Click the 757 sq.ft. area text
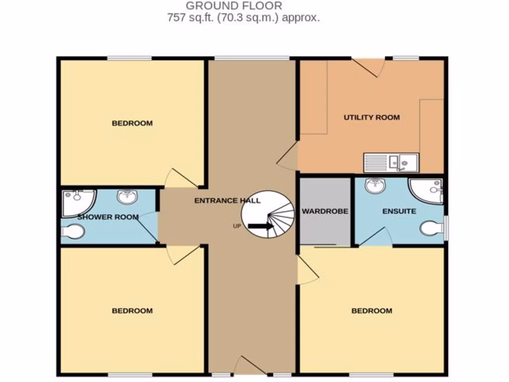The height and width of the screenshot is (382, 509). click(243, 18)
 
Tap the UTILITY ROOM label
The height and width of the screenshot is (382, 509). click(372, 118)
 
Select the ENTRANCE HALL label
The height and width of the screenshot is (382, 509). click(227, 201)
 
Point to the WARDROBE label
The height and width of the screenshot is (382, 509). click(325, 211)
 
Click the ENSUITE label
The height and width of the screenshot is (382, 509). click(399, 211)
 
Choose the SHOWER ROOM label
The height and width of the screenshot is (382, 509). click(108, 217)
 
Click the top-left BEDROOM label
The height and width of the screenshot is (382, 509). click(132, 123)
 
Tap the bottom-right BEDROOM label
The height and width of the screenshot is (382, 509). click(372, 311)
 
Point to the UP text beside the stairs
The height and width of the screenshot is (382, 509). click(237, 226)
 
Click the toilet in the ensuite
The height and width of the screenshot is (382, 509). click(431, 229)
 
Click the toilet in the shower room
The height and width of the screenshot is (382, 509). click(74, 231)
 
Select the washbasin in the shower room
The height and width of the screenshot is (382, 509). click(127, 197)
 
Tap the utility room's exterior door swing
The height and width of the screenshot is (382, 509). click(370, 67)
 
